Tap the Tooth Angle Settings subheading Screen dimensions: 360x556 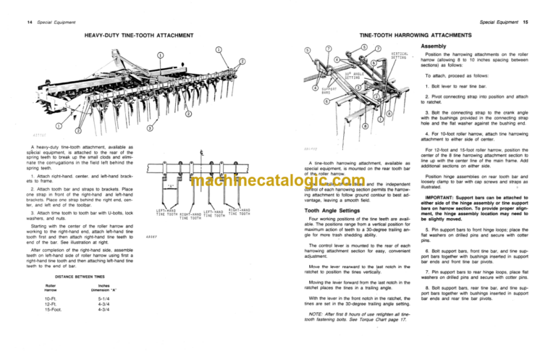point(333,210)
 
